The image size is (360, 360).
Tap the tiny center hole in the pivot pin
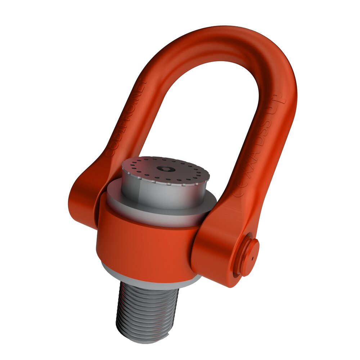point(253,258)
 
